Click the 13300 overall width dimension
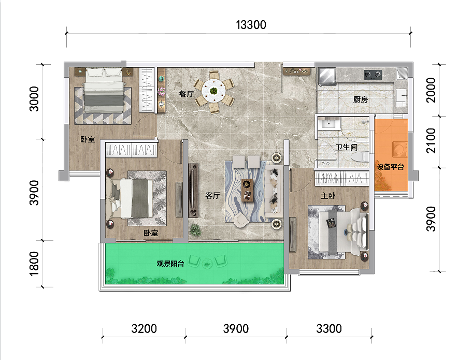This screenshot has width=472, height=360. (x=251, y=25)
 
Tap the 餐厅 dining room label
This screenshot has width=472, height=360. (x=187, y=94)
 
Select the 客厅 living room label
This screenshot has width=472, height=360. (x=212, y=196)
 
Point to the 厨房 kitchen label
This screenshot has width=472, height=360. (x=360, y=99)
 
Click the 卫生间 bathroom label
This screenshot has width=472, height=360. (x=347, y=147)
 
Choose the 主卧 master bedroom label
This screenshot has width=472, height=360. (x=328, y=196)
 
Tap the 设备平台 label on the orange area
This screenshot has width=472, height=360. (x=390, y=166)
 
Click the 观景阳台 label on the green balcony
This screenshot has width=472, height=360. (x=170, y=264)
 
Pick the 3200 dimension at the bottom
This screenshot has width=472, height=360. (x=144, y=329)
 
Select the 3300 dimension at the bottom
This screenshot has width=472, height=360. (x=328, y=329)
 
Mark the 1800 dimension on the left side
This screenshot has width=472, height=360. (x=34, y=264)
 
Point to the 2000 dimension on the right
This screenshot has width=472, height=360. (x=431, y=90)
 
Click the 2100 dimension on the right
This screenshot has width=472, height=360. (x=431, y=141)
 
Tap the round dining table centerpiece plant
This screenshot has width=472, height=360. (x=214, y=90)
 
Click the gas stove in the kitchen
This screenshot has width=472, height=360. (x=373, y=75)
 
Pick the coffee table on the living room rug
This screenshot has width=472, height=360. (x=248, y=190)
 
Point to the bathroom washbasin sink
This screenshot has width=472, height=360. (x=328, y=124)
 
